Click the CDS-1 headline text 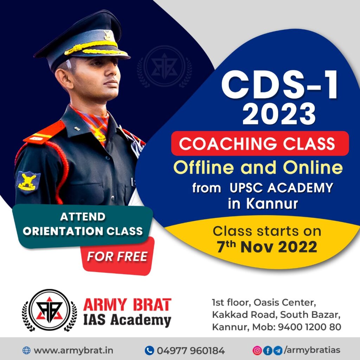(x=279, y=85)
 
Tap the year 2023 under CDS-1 (x=279, y=114)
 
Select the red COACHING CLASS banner (x=260, y=143)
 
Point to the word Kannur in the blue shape (x=272, y=204)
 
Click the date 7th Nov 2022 (x=267, y=247)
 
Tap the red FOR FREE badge (x=117, y=256)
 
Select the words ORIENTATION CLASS (x=83, y=231)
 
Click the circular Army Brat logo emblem (x=50, y=310)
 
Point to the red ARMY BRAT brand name (x=127, y=305)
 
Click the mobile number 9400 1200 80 (x=309, y=327)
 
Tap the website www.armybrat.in (x=73, y=351)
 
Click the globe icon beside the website (x=26, y=351)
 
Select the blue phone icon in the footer (x=149, y=351)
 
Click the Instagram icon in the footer (x=257, y=351)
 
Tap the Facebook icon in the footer (x=268, y=351)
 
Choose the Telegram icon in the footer (x=278, y=351)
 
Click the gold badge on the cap (x=107, y=35)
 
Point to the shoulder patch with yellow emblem (x=28, y=182)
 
